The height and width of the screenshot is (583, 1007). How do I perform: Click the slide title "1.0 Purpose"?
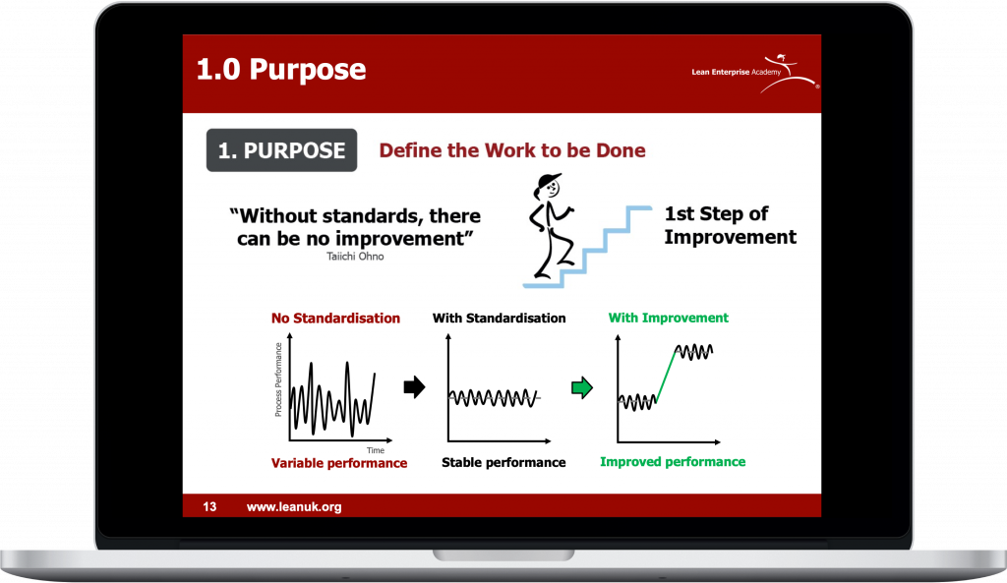tap(281, 70)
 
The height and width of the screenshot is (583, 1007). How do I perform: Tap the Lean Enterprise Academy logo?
tap(755, 73)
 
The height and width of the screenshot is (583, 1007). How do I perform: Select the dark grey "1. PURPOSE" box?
tap(281, 150)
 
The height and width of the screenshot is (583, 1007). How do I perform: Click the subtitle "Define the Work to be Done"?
tap(511, 150)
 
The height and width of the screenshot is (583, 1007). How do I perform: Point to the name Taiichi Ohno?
tap(355, 257)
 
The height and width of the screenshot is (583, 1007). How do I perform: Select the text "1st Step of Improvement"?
tap(731, 225)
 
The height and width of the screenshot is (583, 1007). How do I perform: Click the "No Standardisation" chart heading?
tap(335, 318)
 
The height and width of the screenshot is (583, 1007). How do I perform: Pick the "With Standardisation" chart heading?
tap(499, 318)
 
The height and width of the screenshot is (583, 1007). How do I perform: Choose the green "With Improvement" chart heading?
tap(669, 318)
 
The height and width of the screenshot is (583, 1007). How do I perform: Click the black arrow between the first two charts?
tap(414, 386)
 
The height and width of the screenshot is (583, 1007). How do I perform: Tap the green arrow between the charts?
tap(582, 387)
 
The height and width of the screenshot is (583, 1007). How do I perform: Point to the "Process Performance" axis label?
tap(278, 379)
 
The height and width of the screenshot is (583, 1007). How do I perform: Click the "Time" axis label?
tap(375, 450)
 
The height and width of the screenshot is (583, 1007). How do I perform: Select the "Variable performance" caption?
tap(339, 463)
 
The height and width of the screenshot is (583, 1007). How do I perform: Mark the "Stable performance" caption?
tap(503, 462)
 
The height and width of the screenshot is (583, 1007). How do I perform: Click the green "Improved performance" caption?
tap(673, 462)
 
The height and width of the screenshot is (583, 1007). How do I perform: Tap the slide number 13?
tap(209, 506)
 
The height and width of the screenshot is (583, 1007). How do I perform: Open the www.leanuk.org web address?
tap(294, 506)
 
